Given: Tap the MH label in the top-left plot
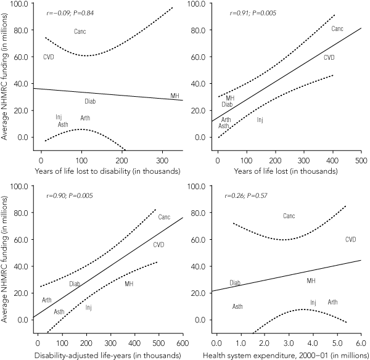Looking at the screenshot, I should click(176, 96).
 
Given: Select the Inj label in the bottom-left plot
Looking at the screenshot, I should click(89, 306).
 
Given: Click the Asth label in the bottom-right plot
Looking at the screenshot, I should click(237, 306).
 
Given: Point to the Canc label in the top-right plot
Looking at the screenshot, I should click(337, 29).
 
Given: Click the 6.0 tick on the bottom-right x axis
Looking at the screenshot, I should click(361, 341).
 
